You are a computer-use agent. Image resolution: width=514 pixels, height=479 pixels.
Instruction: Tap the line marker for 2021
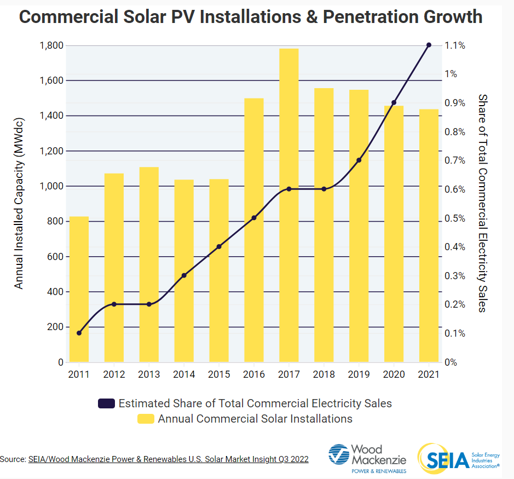429,45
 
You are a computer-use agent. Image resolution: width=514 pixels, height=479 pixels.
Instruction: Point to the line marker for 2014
184,275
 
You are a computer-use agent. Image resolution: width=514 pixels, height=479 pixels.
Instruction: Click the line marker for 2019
359,160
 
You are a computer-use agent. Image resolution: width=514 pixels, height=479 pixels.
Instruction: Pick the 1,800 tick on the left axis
51,45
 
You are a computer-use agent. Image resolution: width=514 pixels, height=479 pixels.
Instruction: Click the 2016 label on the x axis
254,374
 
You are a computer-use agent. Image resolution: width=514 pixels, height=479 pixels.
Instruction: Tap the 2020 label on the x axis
394,374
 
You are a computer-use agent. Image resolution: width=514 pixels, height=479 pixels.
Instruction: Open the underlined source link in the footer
168,459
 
